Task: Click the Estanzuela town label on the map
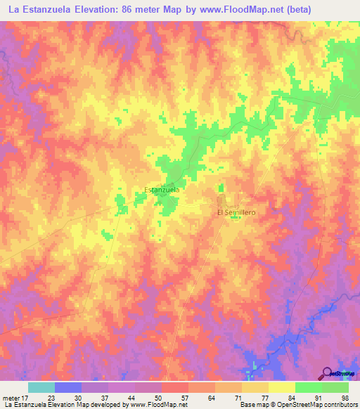click(x=161, y=190)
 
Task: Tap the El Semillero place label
click(x=235, y=212)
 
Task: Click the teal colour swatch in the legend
click(x=41, y=387)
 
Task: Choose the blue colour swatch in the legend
click(x=68, y=387)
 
